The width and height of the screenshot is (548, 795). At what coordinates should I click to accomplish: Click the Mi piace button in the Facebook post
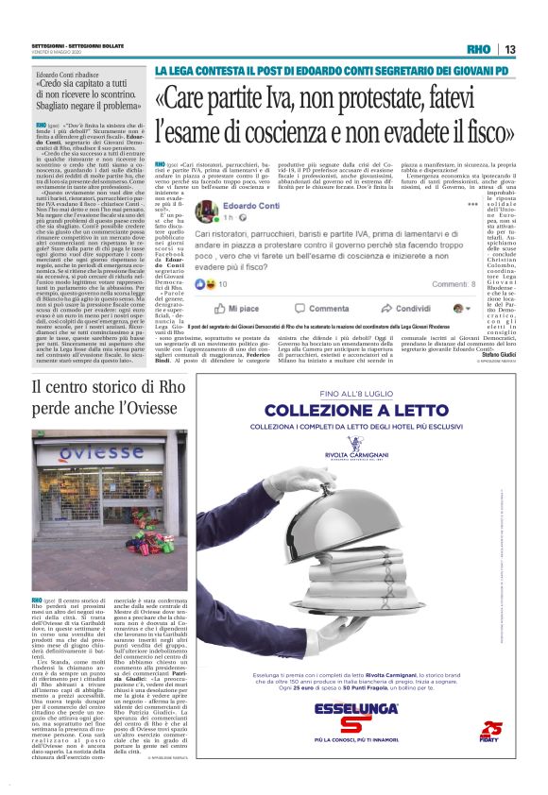[x=242, y=282]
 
